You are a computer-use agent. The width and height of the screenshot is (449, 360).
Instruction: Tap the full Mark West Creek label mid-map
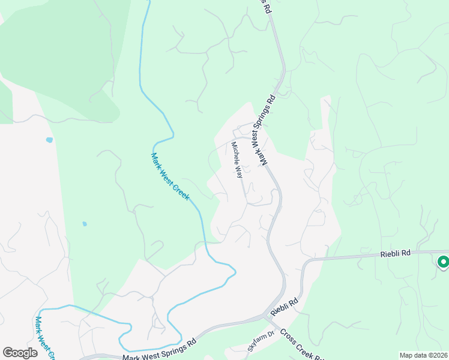click(170, 177)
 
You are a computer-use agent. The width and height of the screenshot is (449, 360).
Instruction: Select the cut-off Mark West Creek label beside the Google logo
click(46, 338)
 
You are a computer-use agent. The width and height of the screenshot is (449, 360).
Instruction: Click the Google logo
click(20, 353)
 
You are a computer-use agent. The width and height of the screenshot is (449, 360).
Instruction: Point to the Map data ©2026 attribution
click(423, 355)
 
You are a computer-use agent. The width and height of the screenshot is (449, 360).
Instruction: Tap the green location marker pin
click(443, 262)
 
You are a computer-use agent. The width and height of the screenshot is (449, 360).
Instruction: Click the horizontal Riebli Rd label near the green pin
click(395, 254)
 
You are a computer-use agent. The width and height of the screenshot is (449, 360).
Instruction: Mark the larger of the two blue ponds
click(49, 140)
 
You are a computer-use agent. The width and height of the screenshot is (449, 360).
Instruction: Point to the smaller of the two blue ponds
click(85, 224)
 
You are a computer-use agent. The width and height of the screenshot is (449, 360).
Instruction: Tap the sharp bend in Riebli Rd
click(305, 264)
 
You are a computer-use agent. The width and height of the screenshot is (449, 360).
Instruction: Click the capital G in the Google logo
click(8, 353)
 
